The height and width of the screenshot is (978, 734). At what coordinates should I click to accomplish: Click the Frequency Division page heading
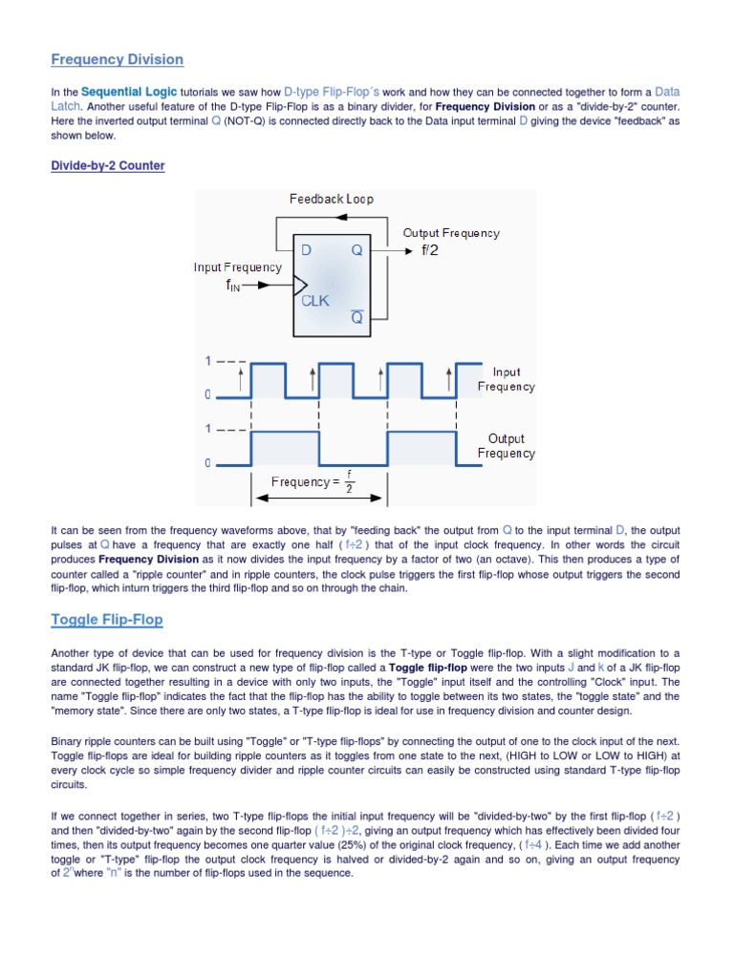[x=117, y=59]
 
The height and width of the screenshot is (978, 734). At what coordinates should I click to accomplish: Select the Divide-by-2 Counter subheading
[x=107, y=166]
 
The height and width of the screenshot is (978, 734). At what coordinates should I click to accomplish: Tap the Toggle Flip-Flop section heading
[x=106, y=620]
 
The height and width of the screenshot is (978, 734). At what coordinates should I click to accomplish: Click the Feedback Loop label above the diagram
[x=331, y=199]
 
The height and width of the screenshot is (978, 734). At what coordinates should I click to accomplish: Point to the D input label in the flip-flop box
[x=307, y=250]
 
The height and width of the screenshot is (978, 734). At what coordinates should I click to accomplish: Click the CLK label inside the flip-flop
[x=314, y=300]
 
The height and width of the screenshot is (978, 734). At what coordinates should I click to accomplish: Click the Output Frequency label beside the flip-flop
[x=450, y=233]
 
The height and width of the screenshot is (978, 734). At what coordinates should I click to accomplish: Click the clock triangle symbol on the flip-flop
[x=300, y=284]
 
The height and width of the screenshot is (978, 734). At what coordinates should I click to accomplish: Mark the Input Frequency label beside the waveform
[x=506, y=379]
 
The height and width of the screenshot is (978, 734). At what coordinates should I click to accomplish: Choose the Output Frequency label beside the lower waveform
[x=506, y=446]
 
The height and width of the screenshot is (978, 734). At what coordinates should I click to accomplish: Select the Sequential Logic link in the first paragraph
[x=119, y=92]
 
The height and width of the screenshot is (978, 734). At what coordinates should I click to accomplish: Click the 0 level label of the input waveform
[x=207, y=394]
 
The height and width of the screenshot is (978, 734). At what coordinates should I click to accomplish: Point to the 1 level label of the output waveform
[x=207, y=429]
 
